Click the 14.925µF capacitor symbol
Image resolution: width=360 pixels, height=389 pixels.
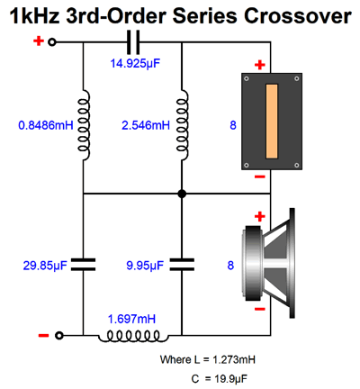point(133,42)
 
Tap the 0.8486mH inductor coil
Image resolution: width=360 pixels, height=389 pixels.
point(84,125)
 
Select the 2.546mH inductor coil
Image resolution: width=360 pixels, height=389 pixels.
point(183,125)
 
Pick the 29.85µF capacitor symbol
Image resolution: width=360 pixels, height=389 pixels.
point(83,265)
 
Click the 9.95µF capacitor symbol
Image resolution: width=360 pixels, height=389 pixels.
point(182,265)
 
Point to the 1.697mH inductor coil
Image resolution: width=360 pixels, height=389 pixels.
point(133,336)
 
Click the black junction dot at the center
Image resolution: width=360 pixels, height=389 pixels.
point(182,194)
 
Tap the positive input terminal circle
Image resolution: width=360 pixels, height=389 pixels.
point(52,42)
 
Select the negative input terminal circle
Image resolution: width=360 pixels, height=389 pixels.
point(59,335)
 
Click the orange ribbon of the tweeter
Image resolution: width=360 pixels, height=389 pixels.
point(272,122)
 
